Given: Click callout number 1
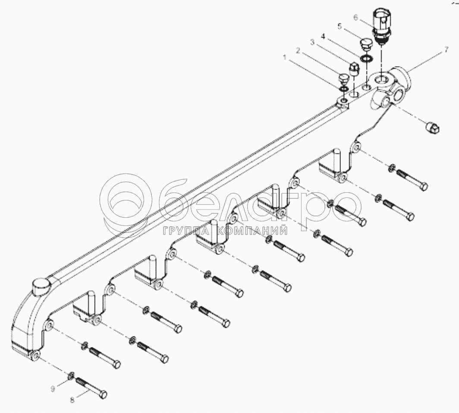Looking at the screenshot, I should (284, 57).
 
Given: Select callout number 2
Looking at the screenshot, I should (297, 50).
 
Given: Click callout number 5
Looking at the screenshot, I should (340, 26).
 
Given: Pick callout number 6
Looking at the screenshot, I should (355, 18).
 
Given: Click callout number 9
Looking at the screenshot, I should (53, 388).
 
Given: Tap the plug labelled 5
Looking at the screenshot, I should (366, 45).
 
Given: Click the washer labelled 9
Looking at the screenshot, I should (72, 375).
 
